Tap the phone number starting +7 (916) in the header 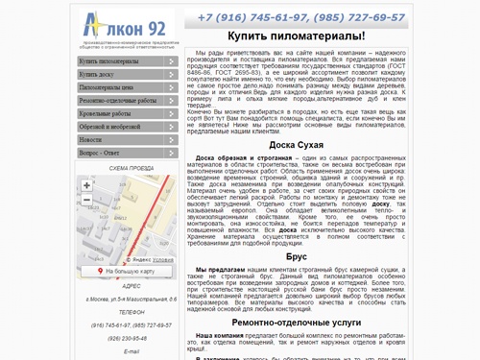pos(252,16)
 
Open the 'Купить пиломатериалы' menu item pos(116,60)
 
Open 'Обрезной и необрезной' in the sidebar pos(115,126)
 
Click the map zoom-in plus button pos(87,185)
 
